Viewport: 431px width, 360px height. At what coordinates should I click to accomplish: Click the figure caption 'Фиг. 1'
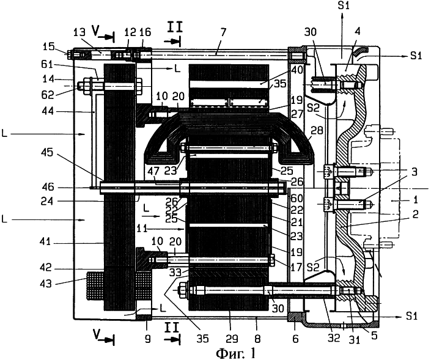235,353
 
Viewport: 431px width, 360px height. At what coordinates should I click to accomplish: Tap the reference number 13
80,33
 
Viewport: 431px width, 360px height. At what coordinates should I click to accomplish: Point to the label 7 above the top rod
223,33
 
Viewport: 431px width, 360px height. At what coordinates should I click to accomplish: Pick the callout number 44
48,111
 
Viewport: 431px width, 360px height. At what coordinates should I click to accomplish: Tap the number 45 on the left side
48,153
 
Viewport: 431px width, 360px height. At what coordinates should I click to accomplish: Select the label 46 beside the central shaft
48,188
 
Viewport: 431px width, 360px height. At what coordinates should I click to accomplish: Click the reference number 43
46,284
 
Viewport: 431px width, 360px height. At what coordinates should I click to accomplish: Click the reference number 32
334,338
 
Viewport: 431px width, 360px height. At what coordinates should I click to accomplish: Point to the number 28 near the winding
317,131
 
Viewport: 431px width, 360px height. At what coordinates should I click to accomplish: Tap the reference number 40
297,70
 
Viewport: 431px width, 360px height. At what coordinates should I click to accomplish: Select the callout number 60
297,199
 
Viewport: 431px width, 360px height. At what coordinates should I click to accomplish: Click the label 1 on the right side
416,200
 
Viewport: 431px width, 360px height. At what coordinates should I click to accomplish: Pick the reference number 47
153,172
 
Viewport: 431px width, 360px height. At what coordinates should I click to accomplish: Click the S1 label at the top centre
344,6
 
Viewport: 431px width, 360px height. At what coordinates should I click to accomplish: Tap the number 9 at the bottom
147,339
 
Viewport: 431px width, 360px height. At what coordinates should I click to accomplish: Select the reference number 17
296,267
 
